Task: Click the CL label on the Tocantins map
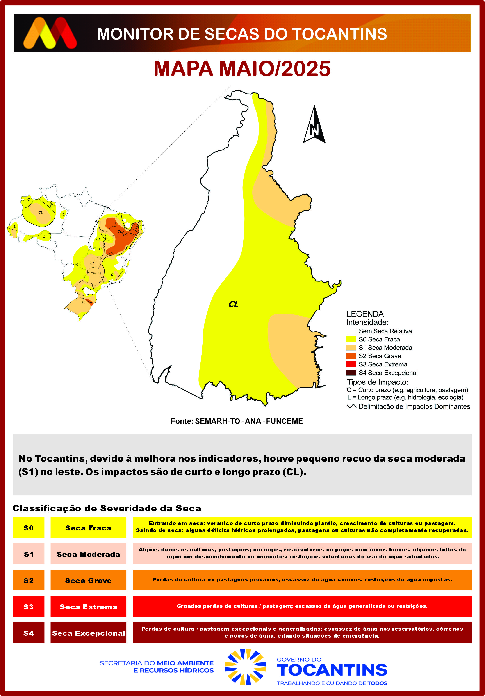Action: tap(233, 304)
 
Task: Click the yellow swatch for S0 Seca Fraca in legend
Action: tap(351, 339)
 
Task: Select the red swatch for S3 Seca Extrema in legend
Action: tap(351, 364)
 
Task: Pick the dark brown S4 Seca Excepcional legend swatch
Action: tap(351, 373)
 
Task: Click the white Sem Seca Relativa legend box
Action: tap(351, 331)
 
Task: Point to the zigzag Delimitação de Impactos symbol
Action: tap(351, 406)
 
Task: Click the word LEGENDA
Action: tap(365, 314)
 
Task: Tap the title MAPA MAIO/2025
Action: tap(242, 69)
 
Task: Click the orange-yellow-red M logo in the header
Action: tap(50, 33)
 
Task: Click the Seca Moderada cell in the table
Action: tap(88, 554)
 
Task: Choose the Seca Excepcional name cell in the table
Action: tap(88, 633)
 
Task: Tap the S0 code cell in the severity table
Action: tap(29, 528)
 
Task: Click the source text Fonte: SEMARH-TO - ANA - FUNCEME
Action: tap(237, 421)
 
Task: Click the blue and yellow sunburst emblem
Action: tap(245, 667)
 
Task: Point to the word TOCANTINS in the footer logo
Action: tap(332, 670)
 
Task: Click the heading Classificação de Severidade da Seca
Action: tap(107, 508)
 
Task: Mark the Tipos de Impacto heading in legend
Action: tap(377, 382)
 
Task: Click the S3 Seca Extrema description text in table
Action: tap(302, 606)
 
